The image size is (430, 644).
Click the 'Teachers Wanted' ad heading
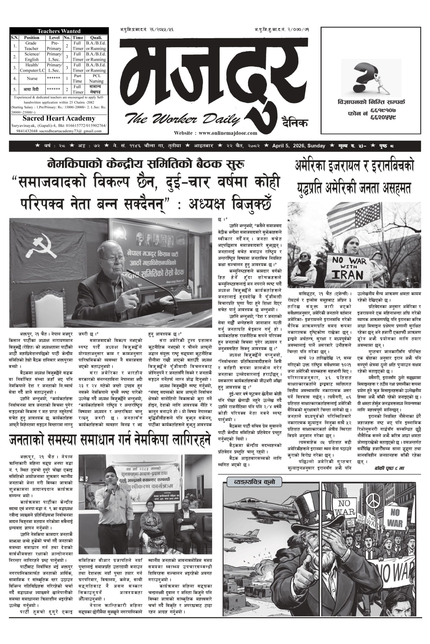[x=59, y=31]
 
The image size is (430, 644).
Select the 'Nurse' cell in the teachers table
[x=32, y=78]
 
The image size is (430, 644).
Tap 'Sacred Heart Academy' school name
[x=59, y=118]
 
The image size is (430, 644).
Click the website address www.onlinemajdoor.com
[x=215, y=133]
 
